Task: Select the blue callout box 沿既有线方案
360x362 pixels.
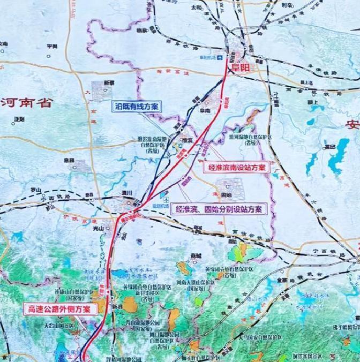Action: (137, 107)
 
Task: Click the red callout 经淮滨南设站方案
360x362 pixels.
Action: (237, 168)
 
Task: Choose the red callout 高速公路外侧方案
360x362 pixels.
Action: (60, 309)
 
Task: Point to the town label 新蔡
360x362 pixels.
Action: (109, 82)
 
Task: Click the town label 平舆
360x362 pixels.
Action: (51, 47)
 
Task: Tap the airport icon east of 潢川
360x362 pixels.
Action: (155, 194)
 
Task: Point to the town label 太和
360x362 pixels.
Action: (196, 8)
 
